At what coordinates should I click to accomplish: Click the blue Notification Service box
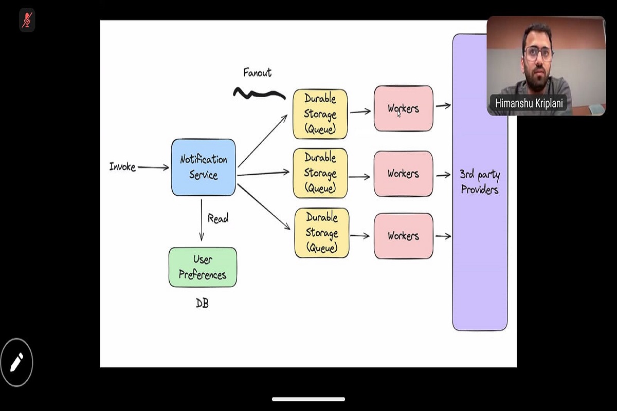[203, 167]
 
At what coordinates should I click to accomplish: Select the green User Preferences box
[203, 267]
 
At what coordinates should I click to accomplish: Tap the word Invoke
[122, 166]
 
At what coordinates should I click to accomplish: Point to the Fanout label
[257, 73]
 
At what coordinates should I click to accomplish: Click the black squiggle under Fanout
[259, 94]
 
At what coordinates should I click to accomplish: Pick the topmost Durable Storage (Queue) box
[320, 114]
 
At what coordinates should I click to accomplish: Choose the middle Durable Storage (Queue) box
[320, 173]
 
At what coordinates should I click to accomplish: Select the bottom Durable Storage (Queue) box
[321, 233]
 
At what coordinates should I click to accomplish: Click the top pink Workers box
[403, 108]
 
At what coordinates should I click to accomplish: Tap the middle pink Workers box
[403, 174]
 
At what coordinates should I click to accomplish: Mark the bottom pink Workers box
[403, 236]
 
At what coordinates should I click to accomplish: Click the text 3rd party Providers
[480, 182]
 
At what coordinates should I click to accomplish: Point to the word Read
[217, 218]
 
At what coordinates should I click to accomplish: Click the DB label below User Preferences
[202, 303]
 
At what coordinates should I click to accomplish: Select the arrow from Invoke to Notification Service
[153, 167]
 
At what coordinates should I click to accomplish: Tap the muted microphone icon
[27, 20]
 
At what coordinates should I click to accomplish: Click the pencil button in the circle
[16, 362]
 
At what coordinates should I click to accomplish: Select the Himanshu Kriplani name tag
[529, 103]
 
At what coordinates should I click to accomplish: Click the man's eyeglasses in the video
[538, 52]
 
